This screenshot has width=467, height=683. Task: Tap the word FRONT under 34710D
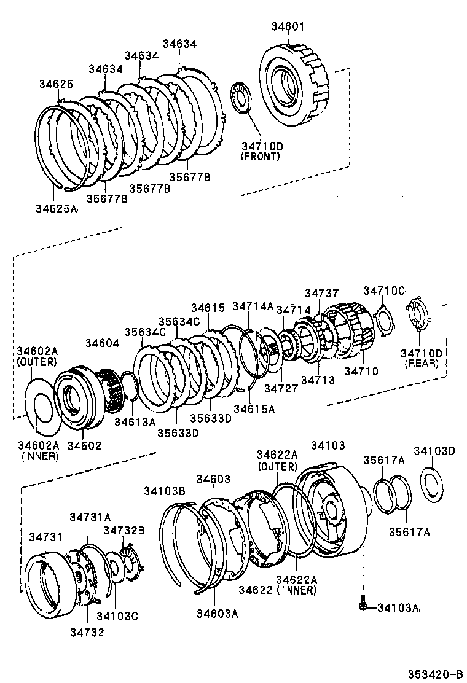(261, 157)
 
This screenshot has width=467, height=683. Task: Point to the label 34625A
(56, 208)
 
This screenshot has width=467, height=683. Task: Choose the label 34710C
(384, 291)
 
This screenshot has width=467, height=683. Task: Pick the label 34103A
(398, 607)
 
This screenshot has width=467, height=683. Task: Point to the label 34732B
(124, 530)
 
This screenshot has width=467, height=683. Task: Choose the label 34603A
(217, 612)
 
